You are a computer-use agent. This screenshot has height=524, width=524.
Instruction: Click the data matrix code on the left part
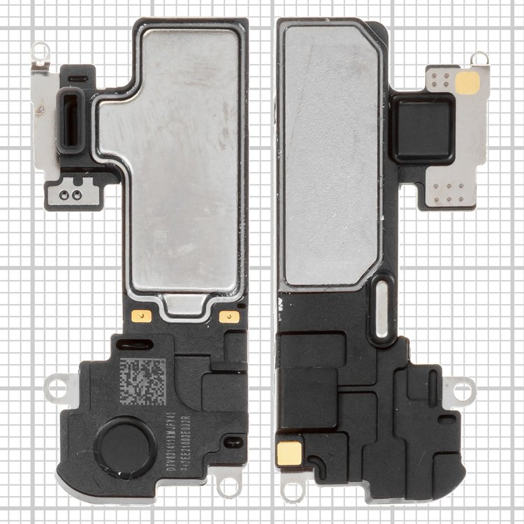(143, 381)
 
